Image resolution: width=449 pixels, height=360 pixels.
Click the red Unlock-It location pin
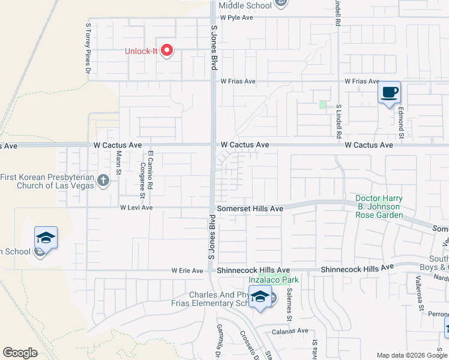coord(167,51)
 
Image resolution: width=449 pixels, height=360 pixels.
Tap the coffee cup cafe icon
coord(389,93)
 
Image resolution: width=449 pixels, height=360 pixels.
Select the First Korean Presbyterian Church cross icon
coord(103,180)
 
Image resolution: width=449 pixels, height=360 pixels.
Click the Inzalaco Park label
coord(274,280)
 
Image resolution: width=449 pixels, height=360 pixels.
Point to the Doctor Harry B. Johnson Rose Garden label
coord(379,206)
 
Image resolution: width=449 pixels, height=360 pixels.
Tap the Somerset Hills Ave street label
coord(250,208)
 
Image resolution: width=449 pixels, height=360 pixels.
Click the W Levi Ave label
coord(136,208)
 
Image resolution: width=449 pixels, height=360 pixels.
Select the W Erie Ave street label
coord(187,271)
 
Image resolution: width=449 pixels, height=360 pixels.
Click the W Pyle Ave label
coord(237,18)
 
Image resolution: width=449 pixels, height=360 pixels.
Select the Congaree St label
coord(142,179)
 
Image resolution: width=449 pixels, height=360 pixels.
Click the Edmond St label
coord(398,118)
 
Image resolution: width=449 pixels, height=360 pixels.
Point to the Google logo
coord(20,353)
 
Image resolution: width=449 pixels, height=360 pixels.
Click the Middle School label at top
coord(245,5)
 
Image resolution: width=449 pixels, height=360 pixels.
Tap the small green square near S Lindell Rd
coord(323,105)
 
